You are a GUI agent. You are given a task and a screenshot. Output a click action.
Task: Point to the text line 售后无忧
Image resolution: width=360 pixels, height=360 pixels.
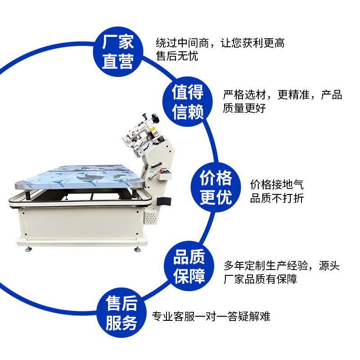[x=176, y=56]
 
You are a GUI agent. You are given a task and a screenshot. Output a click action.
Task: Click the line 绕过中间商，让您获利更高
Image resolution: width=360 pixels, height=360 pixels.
[x=220, y=43]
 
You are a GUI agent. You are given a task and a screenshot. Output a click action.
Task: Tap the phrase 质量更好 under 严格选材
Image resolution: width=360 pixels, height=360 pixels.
[x=244, y=108]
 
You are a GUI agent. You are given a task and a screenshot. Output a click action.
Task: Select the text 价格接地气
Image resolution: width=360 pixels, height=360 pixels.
[x=277, y=184]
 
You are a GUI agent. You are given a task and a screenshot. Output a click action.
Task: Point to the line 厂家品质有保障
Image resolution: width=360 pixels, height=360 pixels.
[x=260, y=279]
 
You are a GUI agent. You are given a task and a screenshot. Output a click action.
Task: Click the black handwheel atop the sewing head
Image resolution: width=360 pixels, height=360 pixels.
[x=156, y=118]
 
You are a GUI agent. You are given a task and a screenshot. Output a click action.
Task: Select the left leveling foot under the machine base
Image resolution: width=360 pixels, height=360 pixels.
[x=30, y=248]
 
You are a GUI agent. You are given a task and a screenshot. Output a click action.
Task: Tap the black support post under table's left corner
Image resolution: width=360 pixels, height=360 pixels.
[x=28, y=194]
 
